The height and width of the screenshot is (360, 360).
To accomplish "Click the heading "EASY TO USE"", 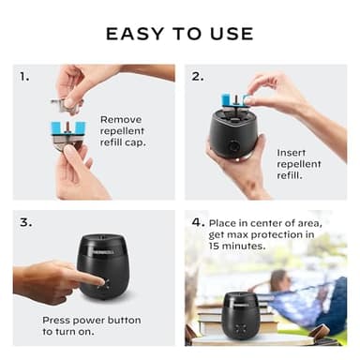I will [179, 34].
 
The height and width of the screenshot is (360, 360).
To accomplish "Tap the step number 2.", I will [197, 76].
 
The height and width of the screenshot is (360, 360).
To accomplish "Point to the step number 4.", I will [198, 223].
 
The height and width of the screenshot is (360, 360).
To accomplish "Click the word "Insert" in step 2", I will [292, 151].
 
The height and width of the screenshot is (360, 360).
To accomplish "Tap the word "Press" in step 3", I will [59, 321].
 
